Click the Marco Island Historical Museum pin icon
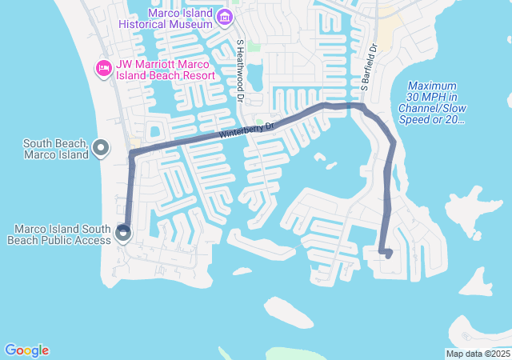[226, 18]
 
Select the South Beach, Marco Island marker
[101, 147]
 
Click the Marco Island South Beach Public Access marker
[123, 234]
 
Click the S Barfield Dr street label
[368, 68]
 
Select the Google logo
[26, 350]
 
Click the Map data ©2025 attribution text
[478, 354]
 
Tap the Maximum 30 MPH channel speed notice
[431, 102]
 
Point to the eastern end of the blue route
[388, 255]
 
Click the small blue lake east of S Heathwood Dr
[255, 77]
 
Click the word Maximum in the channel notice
[431, 86]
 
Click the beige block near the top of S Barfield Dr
[390, 30]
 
